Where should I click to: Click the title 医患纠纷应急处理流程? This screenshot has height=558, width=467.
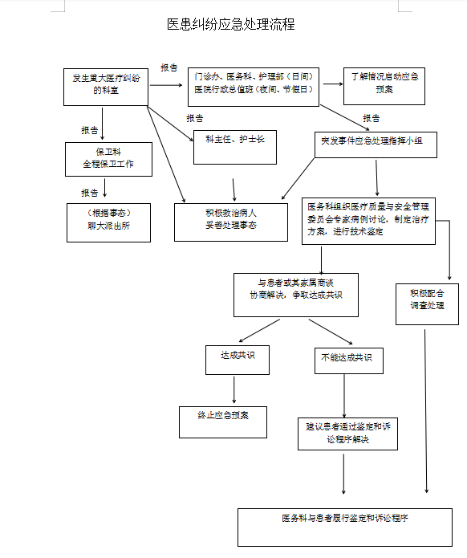pyautogui.click(x=231, y=25)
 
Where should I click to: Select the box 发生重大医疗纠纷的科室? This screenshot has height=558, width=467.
pyautogui.click(x=105, y=86)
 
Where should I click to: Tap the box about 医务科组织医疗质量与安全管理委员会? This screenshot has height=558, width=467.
pyautogui.click(x=368, y=221)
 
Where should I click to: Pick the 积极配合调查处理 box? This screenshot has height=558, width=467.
pyautogui.click(x=427, y=303)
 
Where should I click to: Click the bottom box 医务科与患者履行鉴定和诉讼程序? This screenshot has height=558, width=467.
pyautogui.click(x=345, y=526)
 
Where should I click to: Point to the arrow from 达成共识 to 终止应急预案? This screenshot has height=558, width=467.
pyautogui.click(x=234, y=389)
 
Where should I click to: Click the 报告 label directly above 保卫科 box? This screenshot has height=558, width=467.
pyautogui.click(x=90, y=129)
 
